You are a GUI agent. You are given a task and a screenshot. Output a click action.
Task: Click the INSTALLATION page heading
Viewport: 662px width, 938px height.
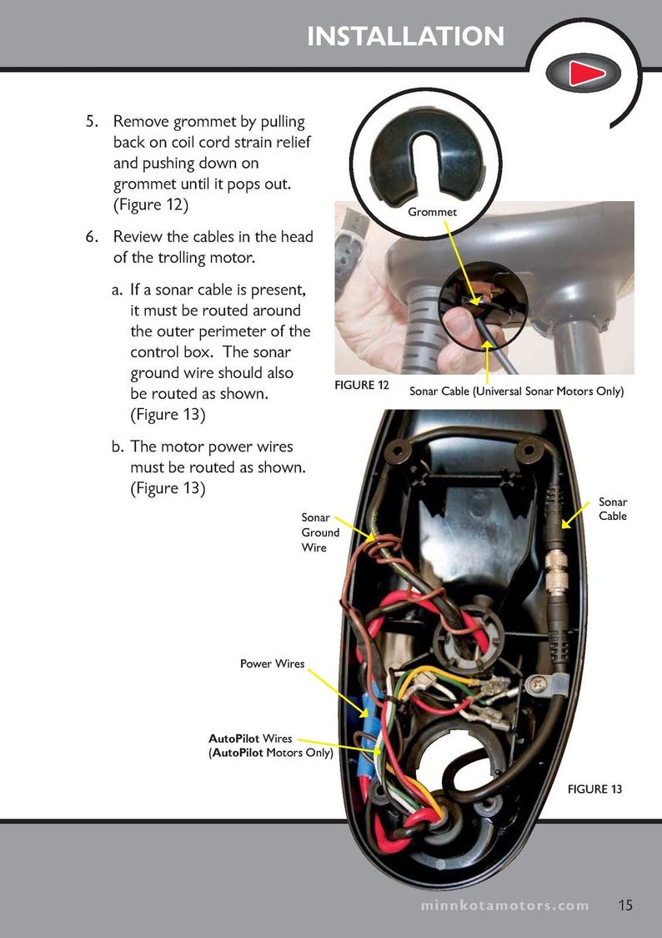pos(405,37)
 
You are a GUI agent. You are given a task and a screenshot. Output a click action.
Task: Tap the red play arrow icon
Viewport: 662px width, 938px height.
pos(585,74)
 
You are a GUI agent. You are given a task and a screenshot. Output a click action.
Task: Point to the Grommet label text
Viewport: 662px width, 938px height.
pos(432,213)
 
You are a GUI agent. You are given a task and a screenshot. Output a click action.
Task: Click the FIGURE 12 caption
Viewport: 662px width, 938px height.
pos(362,385)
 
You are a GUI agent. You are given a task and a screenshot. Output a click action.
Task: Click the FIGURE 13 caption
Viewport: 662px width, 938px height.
pos(594,789)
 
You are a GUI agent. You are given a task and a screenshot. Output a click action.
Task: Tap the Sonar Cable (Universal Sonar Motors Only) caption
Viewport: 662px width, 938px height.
pos(516,391)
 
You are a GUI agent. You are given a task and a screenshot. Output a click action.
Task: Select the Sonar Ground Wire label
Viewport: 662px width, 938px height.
pos(320,532)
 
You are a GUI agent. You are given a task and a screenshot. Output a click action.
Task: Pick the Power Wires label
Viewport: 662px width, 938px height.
pos(273,664)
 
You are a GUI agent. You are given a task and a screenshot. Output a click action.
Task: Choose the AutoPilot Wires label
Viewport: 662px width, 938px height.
pos(271,745)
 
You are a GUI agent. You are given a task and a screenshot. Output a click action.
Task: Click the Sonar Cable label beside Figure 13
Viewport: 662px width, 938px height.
pos(613,508)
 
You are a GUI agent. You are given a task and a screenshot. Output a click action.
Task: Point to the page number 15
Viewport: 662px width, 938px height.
pos(626,905)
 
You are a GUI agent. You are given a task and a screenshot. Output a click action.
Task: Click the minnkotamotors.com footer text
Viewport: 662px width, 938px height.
pos(504,905)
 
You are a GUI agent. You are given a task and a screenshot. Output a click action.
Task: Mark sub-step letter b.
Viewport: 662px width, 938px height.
pos(118,447)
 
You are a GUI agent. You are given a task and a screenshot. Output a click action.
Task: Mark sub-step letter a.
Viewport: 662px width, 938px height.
pos(118,290)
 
